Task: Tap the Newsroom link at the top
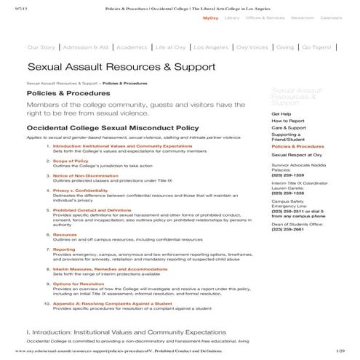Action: (x=305, y=16)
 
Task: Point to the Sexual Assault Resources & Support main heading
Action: (x=121, y=68)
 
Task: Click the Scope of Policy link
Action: (x=71, y=161)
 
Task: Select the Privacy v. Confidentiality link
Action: (x=81, y=189)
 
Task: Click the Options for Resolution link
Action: (x=76, y=284)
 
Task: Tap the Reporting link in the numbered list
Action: (x=64, y=249)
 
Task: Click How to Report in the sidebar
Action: (x=287, y=121)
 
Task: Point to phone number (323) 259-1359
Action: (x=288, y=175)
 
